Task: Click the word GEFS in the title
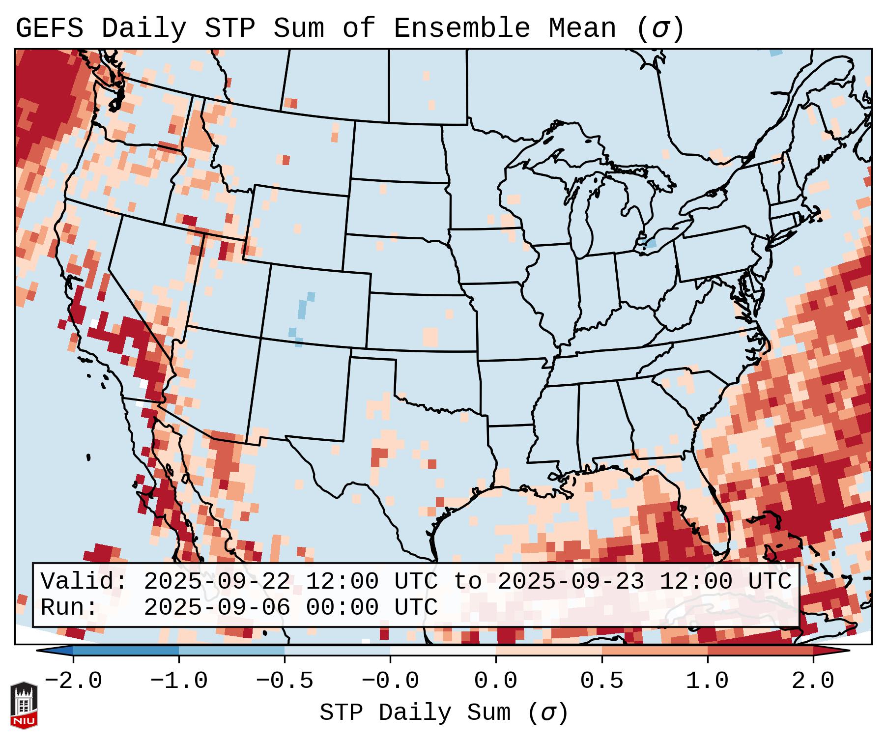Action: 49,28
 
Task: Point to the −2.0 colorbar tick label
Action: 73,681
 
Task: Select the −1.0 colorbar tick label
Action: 179,681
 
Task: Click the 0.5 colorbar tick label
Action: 602,681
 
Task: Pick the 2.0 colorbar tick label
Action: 813,681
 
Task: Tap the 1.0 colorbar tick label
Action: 708,681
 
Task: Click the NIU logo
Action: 24,705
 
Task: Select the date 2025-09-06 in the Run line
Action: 217,607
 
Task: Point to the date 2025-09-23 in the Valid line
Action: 571,582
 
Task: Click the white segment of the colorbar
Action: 443,651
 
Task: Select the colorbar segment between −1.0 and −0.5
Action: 231,651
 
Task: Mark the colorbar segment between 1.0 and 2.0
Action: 760,651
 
